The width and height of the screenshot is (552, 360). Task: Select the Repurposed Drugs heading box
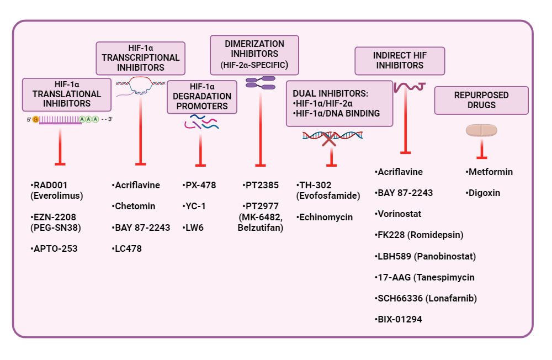click(x=481, y=100)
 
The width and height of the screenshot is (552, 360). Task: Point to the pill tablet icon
click(x=481, y=130)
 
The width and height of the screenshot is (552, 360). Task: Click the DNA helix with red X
click(x=330, y=136)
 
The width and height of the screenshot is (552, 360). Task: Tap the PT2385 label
click(x=261, y=185)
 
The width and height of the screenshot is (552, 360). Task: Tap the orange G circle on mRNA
click(x=36, y=119)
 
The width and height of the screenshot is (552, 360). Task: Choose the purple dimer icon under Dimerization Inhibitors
click(x=260, y=83)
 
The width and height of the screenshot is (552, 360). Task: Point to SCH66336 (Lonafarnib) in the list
click(x=426, y=298)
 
